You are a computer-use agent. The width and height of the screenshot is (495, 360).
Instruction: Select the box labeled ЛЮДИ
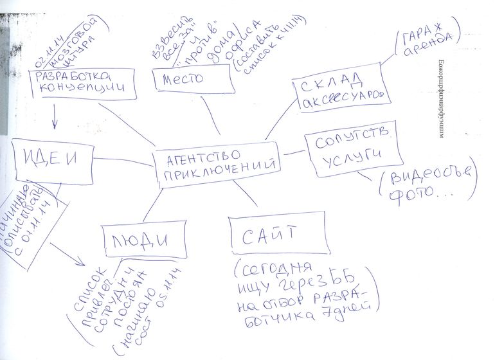(x=139, y=240)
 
